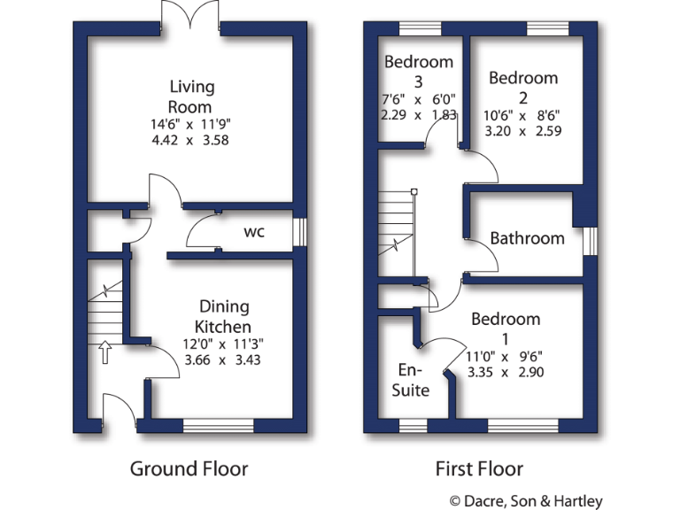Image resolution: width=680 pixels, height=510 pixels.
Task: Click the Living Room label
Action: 192,97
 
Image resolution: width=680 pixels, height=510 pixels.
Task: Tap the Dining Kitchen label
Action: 225,316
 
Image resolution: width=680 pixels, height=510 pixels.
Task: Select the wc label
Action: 254,233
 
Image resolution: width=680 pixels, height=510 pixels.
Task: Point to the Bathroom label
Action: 527,238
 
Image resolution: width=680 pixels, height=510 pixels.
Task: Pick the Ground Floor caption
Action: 189,468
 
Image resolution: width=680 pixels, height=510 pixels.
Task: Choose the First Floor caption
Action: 479,468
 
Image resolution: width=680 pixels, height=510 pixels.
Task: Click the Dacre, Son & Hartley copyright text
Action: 526,501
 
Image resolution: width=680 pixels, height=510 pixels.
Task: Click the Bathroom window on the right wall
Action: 591,240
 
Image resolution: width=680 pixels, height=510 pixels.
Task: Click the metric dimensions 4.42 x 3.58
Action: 192,140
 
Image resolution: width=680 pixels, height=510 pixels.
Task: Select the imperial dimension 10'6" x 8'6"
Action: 523,115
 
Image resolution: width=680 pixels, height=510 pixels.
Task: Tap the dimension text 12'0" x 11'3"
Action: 225,344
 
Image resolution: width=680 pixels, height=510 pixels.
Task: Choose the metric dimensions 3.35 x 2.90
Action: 505,372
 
